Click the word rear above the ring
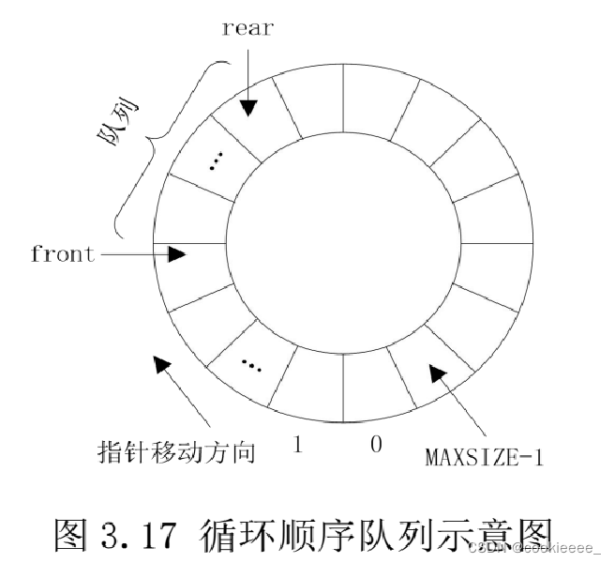(247, 27)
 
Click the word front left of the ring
(63, 253)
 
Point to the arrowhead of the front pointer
(178, 253)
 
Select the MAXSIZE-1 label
(484, 458)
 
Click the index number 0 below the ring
(376, 445)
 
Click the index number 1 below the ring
(298, 445)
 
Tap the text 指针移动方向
(176, 452)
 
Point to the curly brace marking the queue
(164, 141)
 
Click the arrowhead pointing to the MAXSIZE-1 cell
(436, 373)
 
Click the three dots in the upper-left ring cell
(215, 161)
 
